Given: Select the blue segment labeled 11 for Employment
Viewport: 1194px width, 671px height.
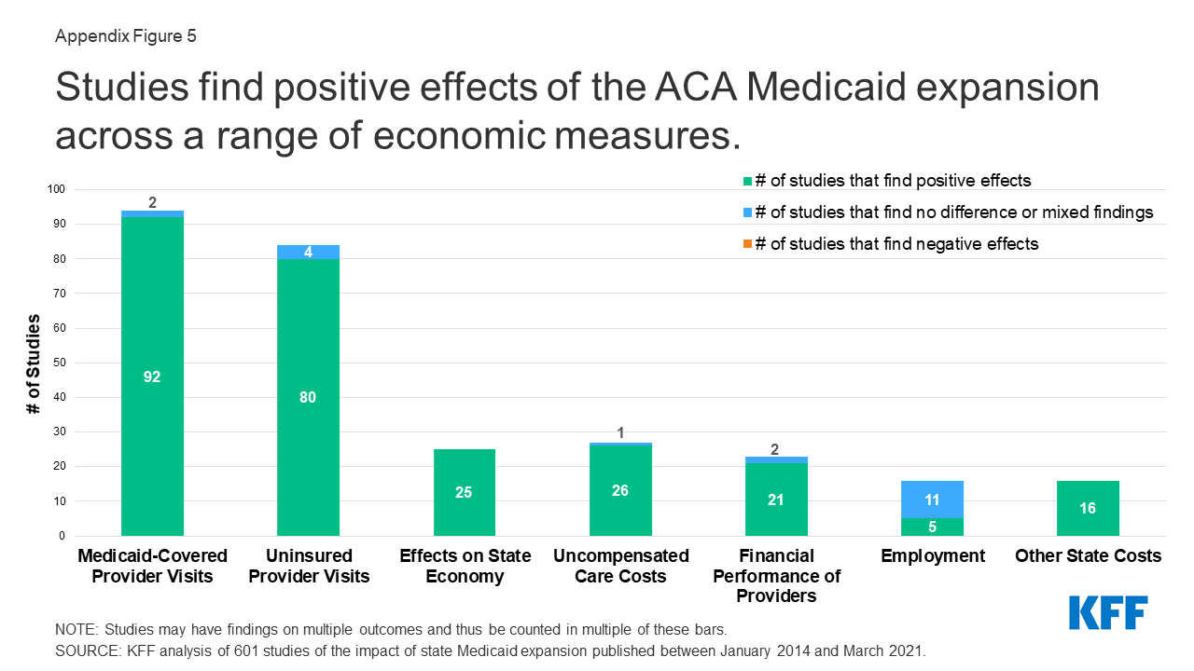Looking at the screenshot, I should pyautogui.click(x=933, y=500).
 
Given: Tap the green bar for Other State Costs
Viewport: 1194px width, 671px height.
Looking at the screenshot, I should pyautogui.click(x=1088, y=508).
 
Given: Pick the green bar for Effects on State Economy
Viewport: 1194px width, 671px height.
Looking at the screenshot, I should pyautogui.click(x=464, y=492).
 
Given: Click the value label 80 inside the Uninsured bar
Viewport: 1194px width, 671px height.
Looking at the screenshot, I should pyautogui.click(x=308, y=397).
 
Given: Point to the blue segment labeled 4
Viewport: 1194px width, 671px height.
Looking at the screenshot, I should pyautogui.click(x=308, y=252).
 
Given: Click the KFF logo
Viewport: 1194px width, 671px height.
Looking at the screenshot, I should pyautogui.click(x=1107, y=612).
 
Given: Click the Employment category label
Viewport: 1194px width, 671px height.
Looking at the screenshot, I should pyautogui.click(x=933, y=556).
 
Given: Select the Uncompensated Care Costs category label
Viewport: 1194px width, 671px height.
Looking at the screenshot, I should pyautogui.click(x=620, y=566).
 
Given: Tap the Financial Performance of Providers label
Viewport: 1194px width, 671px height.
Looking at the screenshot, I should pyautogui.click(x=776, y=576).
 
